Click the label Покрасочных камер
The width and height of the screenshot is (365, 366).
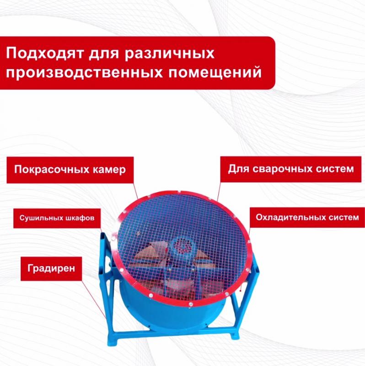(70, 169)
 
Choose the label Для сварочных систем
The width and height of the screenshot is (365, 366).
(291, 168)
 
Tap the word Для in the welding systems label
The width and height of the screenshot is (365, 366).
(238, 168)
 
